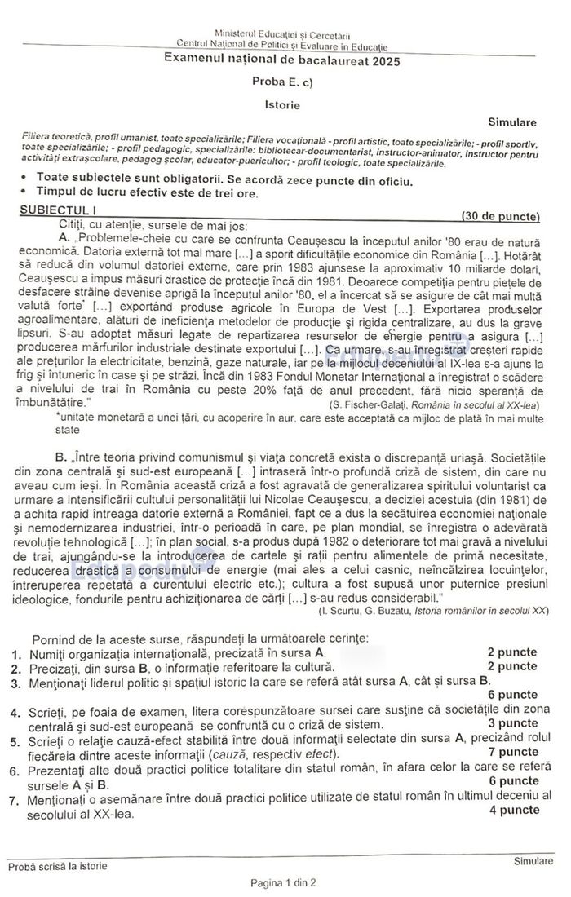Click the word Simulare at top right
512,122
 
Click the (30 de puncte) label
500,216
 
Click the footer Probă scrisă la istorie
57,866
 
